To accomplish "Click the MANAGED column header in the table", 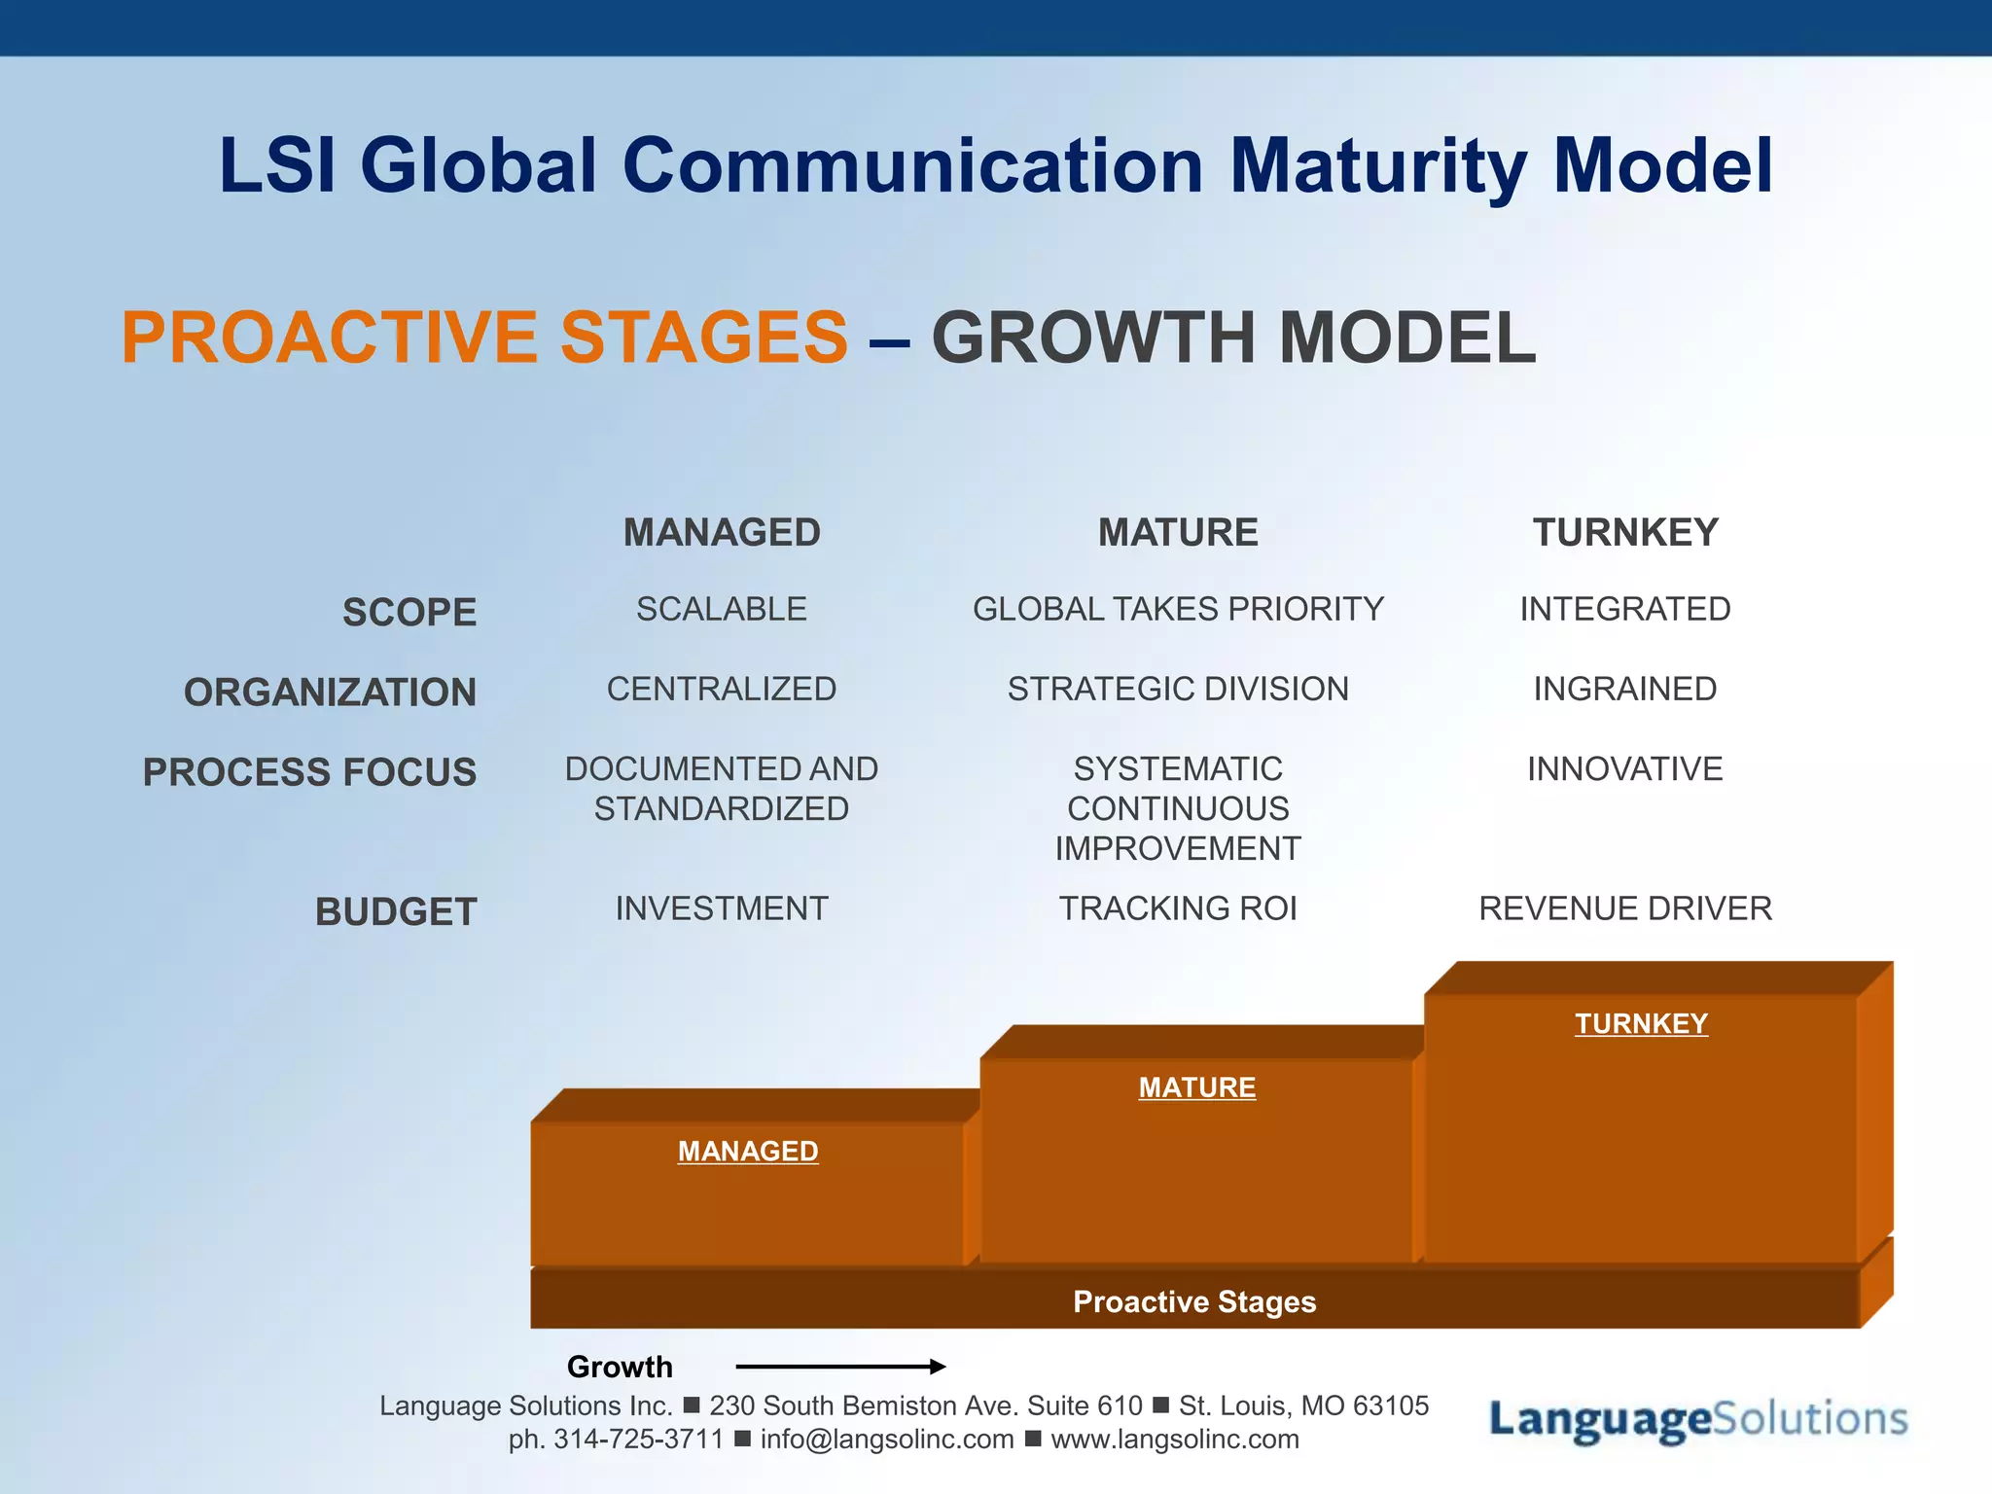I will click(x=722, y=532).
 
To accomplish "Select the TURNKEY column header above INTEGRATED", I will click(x=1625, y=532).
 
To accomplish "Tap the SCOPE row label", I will click(x=409, y=612).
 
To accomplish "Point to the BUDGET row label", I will click(x=396, y=911).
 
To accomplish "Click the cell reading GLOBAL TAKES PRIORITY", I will click(x=1178, y=609).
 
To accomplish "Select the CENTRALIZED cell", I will click(x=722, y=689).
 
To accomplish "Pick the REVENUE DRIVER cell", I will click(x=1625, y=908).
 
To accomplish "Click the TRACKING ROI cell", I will click(x=1178, y=908).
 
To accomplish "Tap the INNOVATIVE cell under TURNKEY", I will click(x=1625, y=769).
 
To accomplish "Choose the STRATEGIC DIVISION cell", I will click(x=1178, y=689).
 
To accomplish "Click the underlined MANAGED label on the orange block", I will click(x=748, y=1151).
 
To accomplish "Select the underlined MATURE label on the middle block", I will click(x=1197, y=1086).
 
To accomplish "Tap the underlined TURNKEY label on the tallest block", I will click(x=1641, y=1023).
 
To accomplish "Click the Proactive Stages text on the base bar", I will click(x=1194, y=1301).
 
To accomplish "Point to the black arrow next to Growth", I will click(x=840, y=1367).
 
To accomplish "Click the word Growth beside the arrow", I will click(x=620, y=1367).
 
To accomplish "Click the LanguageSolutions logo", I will click(x=1698, y=1419).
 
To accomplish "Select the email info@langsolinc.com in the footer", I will click(x=886, y=1440).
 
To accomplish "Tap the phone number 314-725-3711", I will click(x=638, y=1440).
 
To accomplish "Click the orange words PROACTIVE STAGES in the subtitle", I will click(x=484, y=338).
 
